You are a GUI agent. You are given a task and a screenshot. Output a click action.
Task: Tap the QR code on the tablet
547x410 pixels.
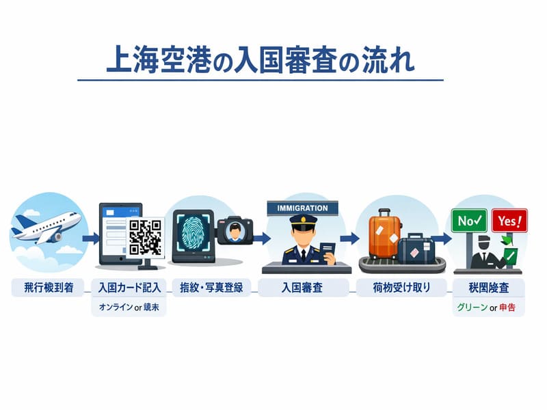click(146, 236)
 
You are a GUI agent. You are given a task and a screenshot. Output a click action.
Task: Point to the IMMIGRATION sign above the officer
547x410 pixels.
click(302, 208)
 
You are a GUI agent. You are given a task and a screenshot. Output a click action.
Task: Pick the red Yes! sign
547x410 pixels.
click(509, 221)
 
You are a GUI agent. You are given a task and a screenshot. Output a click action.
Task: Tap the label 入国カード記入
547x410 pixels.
click(129, 287)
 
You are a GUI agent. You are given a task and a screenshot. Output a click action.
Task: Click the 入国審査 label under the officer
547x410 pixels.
click(302, 287)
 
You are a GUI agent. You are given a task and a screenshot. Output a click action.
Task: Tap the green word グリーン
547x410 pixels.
click(471, 307)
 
